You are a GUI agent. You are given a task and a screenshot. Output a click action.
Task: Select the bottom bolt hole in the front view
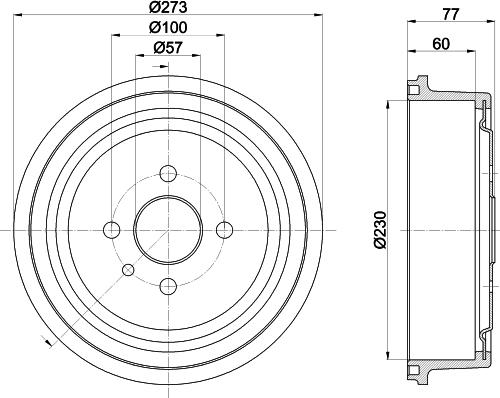coord(166,287)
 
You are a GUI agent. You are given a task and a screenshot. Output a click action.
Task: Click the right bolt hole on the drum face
coord(224,229)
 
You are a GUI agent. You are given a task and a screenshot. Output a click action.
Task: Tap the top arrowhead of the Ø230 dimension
coord(386,103)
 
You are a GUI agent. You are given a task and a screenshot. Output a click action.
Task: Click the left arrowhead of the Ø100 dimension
coord(112,36)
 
